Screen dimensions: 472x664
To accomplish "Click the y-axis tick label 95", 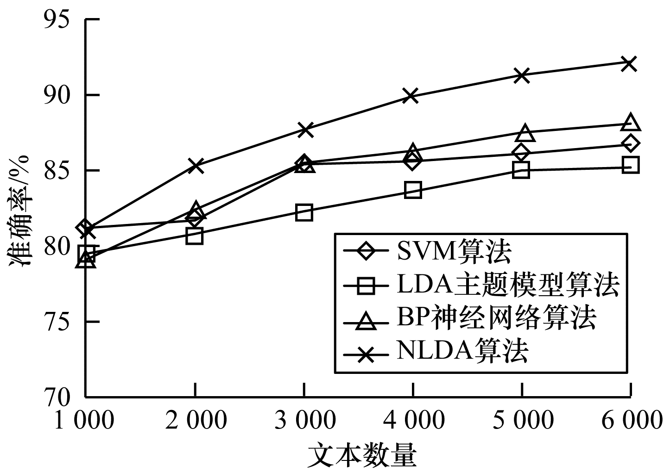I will point(57,20).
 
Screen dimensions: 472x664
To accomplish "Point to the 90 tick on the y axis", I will point(57,96).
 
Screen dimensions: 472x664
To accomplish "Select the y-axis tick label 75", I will point(57,322).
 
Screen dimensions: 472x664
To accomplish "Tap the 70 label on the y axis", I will point(57,397).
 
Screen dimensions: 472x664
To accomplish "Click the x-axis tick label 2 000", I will point(195,421).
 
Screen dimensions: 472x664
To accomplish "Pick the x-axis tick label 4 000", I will point(412,421).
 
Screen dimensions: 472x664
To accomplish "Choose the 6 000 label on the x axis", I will point(630,421).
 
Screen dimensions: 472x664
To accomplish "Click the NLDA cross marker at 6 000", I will point(630,63).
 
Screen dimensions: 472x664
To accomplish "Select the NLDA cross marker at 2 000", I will point(195,165).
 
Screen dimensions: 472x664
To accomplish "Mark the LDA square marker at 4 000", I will point(413,190).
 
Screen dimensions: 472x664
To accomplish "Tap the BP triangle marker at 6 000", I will point(631,123).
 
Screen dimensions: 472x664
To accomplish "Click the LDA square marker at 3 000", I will point(304,212).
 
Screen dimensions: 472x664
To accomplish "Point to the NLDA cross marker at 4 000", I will point(411,96).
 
